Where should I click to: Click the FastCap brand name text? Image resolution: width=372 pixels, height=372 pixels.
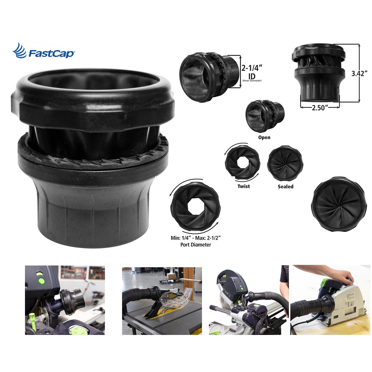click(51, 53)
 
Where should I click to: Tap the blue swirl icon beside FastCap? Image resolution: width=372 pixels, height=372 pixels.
click(20, 50)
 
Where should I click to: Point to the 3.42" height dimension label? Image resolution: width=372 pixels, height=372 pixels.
click(359, 73)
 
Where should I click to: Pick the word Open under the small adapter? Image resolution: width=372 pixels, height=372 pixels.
click(264, 137)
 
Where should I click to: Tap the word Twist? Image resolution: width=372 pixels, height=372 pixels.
click(244, 186)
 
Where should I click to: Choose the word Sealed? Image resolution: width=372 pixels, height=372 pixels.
click(286, 186)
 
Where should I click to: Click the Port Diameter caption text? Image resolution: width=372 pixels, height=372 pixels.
click(195, 244)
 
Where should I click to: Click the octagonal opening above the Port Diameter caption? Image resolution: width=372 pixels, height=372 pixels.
click(195, 207)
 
